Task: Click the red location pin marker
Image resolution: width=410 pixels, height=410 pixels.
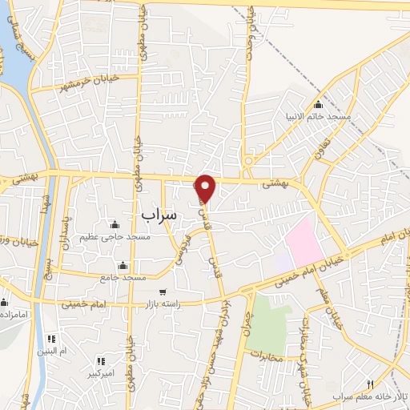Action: pyautogui.click(x=206, y=187)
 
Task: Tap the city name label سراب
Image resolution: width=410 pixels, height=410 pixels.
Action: pyautogui.click(x=159, y=215)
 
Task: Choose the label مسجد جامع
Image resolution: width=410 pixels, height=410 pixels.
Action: pyautogui.click(x=123, y=277)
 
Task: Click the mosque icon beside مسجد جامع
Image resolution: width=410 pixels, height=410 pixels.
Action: pyautogui.click(x=123, y=266)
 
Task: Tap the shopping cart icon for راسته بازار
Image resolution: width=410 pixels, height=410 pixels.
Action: pyautogui.click(x=163, y=292)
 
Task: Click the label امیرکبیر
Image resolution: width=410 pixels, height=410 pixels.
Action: pyautogui.click(x=104, y=374)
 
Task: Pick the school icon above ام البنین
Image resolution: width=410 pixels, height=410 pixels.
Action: pyautogui.click(x=52, y=338)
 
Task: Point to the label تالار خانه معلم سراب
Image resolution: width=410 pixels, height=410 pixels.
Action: pyautogui.click(x=371, y=397)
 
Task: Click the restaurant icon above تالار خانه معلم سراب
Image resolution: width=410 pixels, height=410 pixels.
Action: pyautogui.click(x=370, y=384)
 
